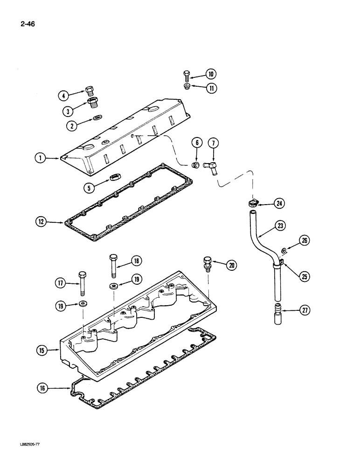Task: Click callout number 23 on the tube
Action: [280, 226]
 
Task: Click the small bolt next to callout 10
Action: [187, 74]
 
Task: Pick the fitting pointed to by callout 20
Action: [207, 263]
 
